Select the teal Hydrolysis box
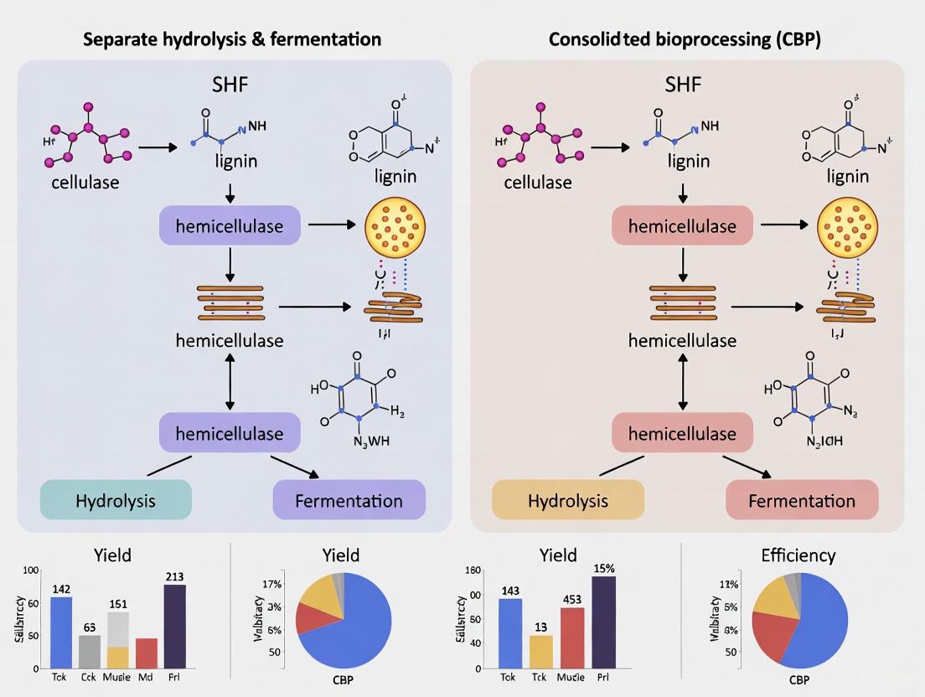pos(116,501)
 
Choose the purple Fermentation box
pos(349,501)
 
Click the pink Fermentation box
pos(801,501)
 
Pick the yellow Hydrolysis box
pos(568,501)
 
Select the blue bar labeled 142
pos(61,632)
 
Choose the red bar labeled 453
pos(572,638)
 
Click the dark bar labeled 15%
pos(603,622)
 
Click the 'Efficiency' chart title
pos(798,555)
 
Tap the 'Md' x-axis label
pos(147,677)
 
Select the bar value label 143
pos(509,590)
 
